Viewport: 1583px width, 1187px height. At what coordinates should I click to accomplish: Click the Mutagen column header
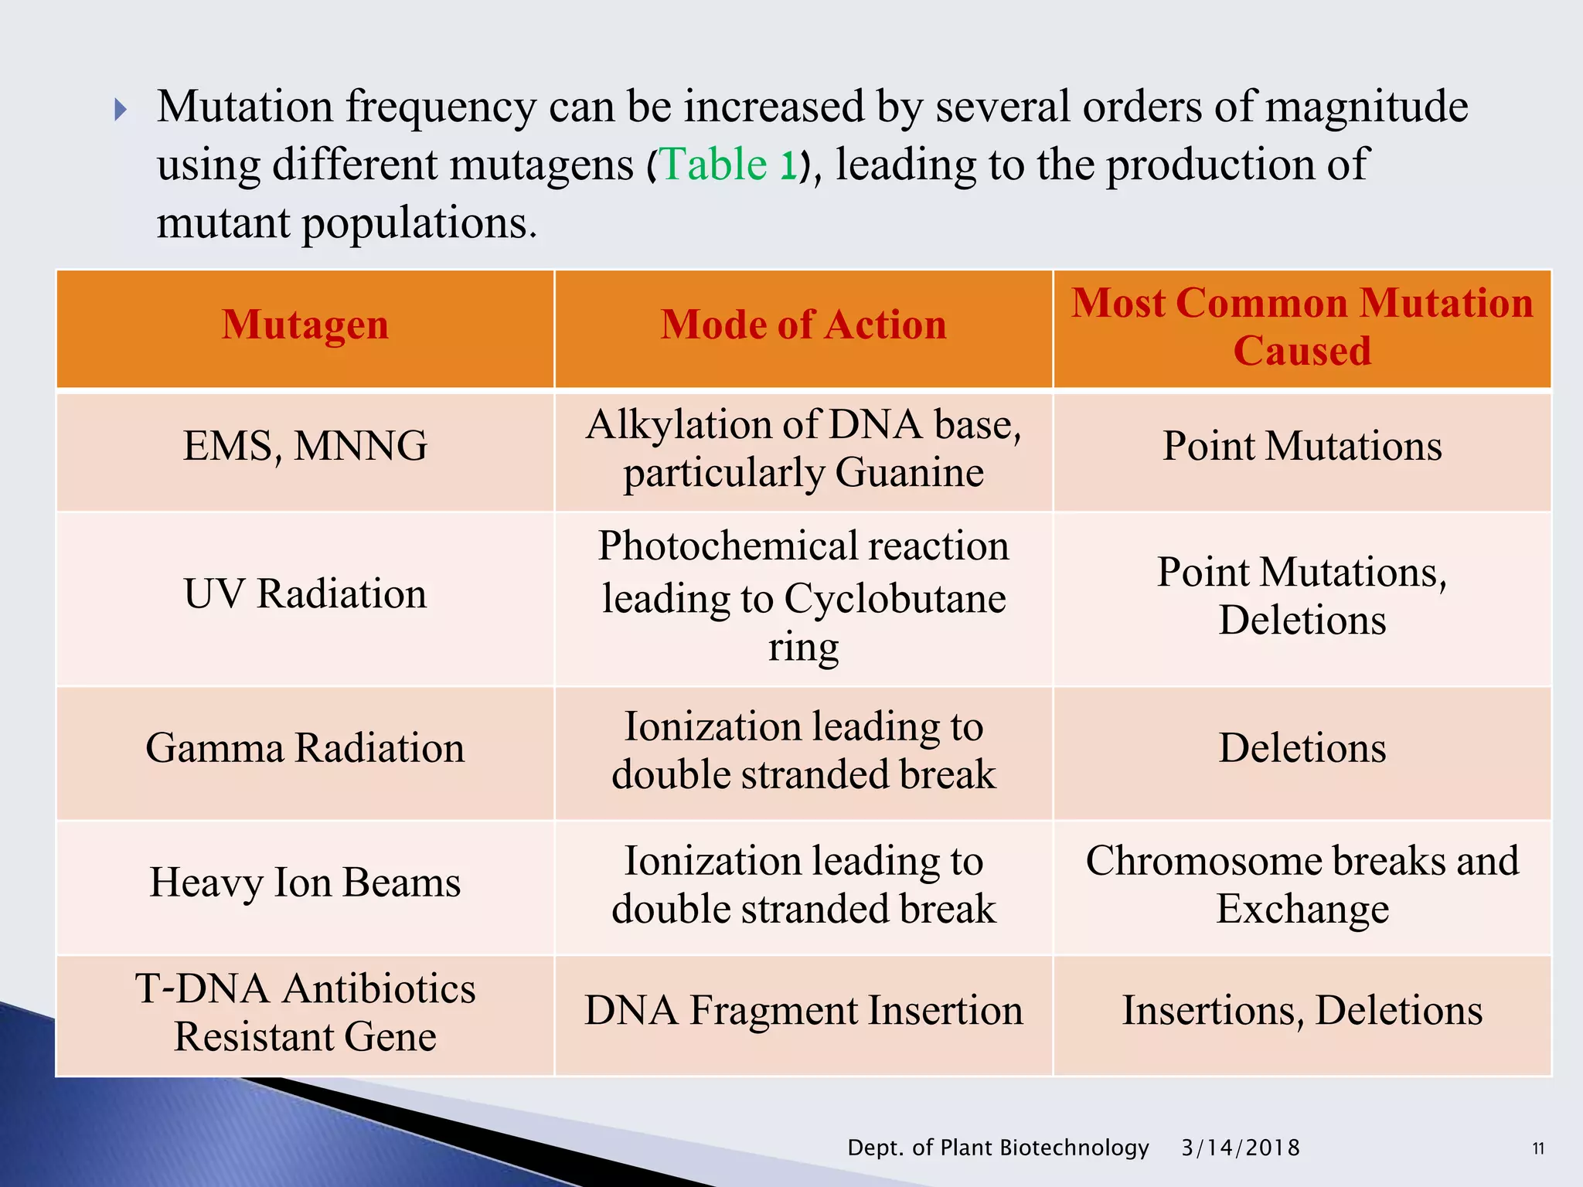pyautogui.click(x=305, y=325)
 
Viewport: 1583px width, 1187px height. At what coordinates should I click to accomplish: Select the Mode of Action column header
pyautogui.click(x=803, y=325)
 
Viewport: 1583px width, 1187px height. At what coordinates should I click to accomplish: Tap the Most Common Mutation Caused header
pyautogui.click(x=1302, y=326)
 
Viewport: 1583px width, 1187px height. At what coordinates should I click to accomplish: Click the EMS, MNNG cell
pyautogui.click(x=305, y=447)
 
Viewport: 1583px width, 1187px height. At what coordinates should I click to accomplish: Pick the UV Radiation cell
pyautogui.click(x=305, y=594)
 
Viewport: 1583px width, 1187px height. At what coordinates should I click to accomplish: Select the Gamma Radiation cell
pyautogui.click(x=305, y=748)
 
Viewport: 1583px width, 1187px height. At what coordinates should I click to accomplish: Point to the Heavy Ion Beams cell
pyautogui.click(x=305, y=883)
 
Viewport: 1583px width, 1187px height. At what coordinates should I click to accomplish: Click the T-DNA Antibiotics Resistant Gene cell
pyautogui.click(x=305, y=1012)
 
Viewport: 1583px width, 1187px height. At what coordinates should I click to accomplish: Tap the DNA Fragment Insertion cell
pyautogui.click(x=803, y=1011)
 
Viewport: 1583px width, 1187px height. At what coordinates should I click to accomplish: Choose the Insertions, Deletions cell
pyautogui.click(x=1302, y=1011)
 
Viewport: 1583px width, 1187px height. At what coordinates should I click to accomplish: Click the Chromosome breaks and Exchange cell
pyautogui.click(x=1302, y=884)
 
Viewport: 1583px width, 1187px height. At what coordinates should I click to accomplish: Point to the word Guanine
pyautogui.click(x=909, y=473)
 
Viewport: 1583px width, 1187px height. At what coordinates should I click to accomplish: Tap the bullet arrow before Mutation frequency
pyautogui.click(x=120, y=109)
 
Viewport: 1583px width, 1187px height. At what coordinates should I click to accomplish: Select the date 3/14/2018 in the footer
pyautogui.click(x=1240, y=1148)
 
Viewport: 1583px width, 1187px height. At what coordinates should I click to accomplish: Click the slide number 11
pyautogui.click(x=1538, y=1148)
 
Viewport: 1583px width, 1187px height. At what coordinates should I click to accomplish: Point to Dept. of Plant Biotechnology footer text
pyautogui.click(x=998, y=1148)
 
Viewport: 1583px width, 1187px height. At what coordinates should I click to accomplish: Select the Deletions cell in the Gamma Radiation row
pyautogui.click(x=1302, y=748)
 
